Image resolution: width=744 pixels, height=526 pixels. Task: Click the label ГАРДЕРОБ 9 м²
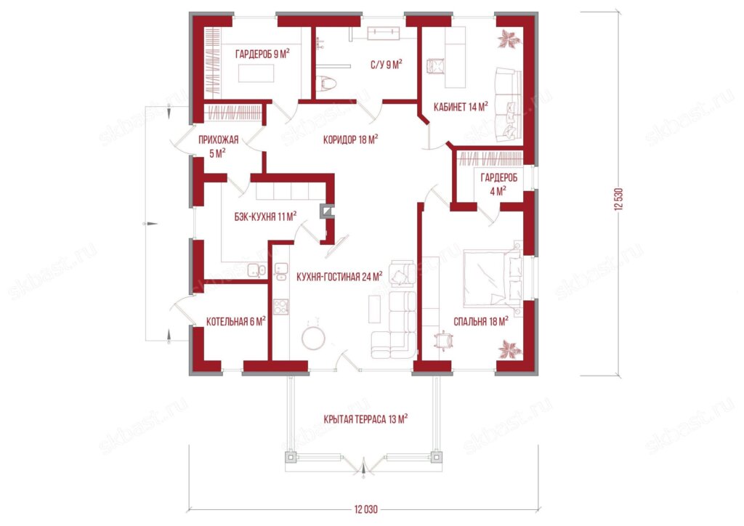click(x=262, y=54)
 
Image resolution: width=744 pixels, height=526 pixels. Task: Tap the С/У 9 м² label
click(x=387, y=64)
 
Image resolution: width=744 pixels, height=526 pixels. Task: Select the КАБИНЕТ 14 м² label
click(x=461, y=107)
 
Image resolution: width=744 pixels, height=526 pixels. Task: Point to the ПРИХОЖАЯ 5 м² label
click(x=218, y=147)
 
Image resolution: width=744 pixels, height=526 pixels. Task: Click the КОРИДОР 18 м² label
click(x=350, y=139)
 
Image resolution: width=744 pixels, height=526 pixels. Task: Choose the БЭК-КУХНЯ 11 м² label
click(x=265, y=217)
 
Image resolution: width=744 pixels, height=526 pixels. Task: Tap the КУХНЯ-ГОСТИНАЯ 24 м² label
click(x=339, y=276)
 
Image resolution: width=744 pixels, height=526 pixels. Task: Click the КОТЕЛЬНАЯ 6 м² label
click(x=235, y=322)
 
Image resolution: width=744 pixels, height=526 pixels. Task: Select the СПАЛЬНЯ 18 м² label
click(x=481, y=322)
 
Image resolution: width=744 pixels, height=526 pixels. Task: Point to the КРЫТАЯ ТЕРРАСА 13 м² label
click(x=365, y=419)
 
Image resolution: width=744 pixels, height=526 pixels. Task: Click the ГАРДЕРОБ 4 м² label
click(x=498, y=185)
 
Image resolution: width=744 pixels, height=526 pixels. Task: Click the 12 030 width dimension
click(x=366, y=510)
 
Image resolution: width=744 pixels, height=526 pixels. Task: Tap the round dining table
click(x=314, y=338)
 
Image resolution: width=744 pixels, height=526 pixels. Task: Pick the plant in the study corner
click(x=508, y=39)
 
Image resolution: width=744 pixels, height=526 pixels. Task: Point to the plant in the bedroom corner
click(x=509, y=349)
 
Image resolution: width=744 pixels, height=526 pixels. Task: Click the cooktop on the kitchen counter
click(x=281, y=307)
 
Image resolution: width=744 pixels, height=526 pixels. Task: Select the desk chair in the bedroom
click(x=444, y=341)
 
